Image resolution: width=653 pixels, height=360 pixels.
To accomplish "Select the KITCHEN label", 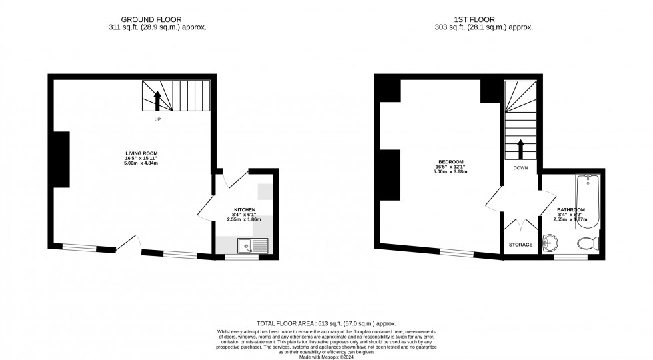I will pyautogui.click(x=244, y=209).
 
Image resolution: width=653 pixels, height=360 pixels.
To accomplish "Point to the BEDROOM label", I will pyautogui.click(x=450, y=163).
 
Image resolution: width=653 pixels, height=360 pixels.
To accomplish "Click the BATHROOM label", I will pyautogui.click(x=571, y=210).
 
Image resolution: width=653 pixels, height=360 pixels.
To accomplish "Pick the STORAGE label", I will pyautogui.click(x=521, y=245).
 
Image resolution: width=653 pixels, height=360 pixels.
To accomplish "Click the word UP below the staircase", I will pyautogui.click(x=158, y=120).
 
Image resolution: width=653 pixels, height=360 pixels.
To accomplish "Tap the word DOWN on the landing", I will pyautogui.click(x=520, y=168).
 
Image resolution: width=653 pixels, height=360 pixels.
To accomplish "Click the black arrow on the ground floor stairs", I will pyautogui.click(x=158, y=101).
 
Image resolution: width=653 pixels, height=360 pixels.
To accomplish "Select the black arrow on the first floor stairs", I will pyautogui.click(x=520, y=149).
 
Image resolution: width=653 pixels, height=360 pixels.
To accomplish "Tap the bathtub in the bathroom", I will pyautogui.click(x=588, y=201).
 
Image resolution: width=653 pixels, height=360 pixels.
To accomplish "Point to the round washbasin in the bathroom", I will pyautogui.click(x=550, y=243).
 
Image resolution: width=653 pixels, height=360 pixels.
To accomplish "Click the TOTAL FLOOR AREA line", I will pyautogui.click(x=326, y=323).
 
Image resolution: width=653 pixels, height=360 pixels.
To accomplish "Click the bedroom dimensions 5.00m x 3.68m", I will pyautogui.click(x=450, y=172).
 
